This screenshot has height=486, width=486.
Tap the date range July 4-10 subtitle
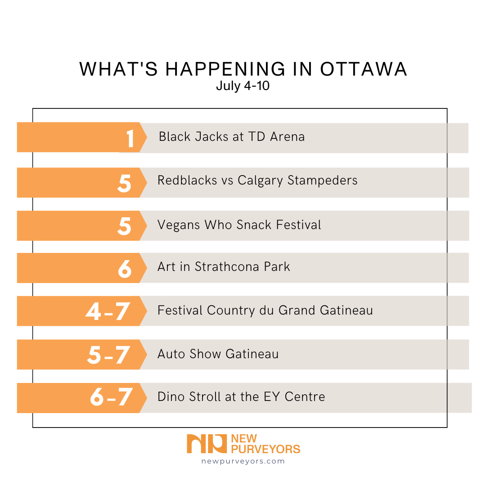(x=243, y=85)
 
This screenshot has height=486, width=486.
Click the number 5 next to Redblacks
(x=125, y=183)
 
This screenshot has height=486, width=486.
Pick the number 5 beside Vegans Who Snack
(x=125, y=226)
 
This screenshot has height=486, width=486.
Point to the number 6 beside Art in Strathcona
(x=125, y=269)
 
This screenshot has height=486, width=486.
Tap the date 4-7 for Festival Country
(x=108, y=312)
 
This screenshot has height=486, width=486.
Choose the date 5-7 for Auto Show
(x=108, y=355)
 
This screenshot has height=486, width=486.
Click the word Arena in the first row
(x=287, y=136)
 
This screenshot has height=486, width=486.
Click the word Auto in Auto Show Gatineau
(x=171, y=354)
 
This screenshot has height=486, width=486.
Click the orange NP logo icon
(x=207, y=444)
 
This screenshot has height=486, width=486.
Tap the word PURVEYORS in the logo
(x=265, y=449)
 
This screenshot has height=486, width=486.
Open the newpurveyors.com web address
(x=243, y=461)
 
